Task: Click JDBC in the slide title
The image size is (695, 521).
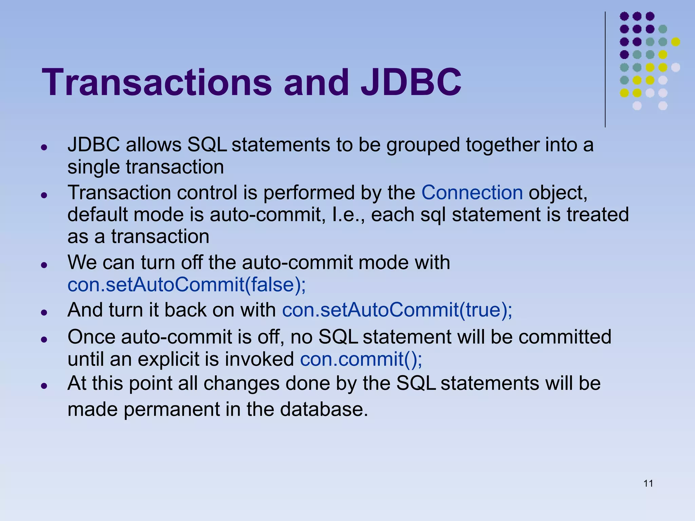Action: click(x=411, y=82)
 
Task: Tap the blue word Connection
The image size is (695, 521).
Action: click(x=472, y=193)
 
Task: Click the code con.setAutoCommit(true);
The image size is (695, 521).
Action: click(x=397, y=310)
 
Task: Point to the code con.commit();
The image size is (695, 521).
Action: click(x=361, y=359)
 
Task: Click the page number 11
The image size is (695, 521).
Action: click(x=648, y=483)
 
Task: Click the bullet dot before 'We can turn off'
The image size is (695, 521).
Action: click(x=43, y=264)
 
